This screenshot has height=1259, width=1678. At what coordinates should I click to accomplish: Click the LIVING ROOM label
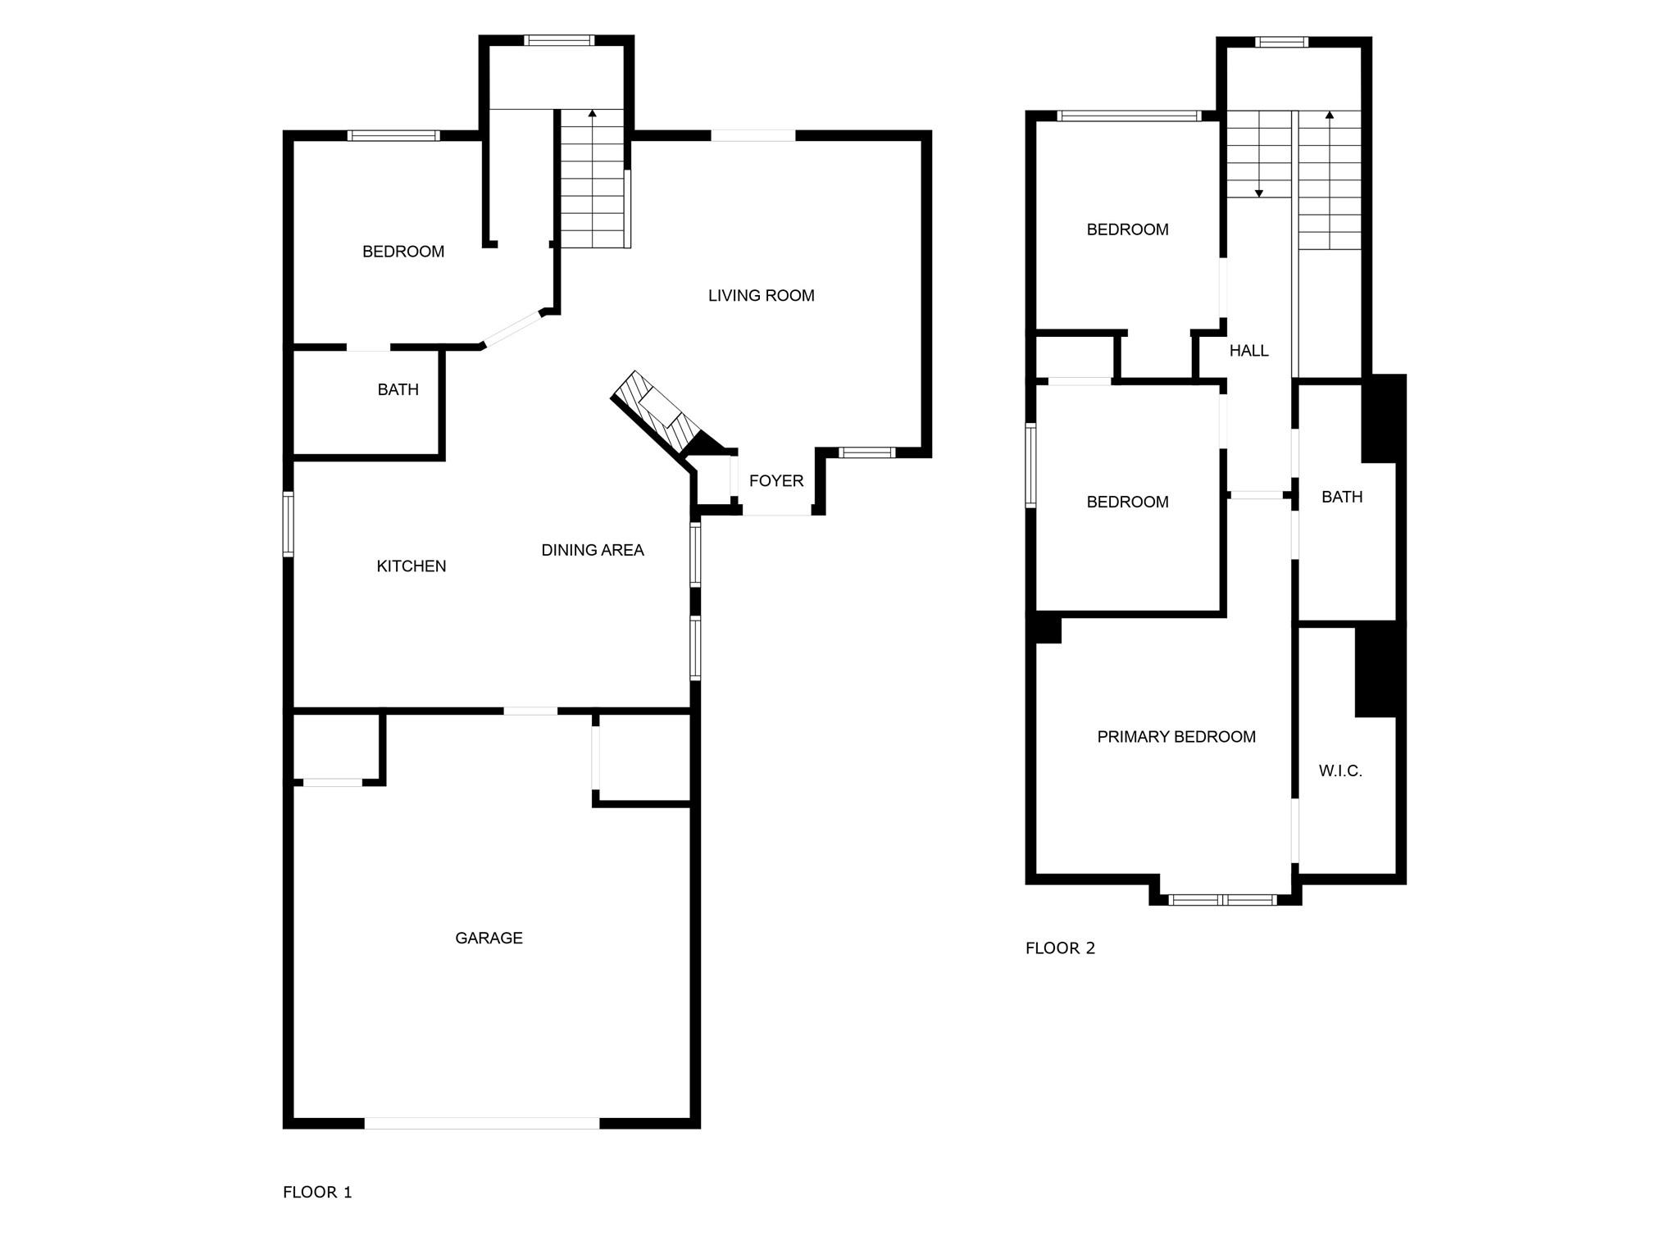click(761, 296)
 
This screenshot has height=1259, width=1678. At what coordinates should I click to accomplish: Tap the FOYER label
click(775, 481)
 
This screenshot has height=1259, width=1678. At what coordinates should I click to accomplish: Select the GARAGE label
click(489, 938)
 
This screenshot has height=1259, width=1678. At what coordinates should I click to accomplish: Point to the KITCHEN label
click(411, 566)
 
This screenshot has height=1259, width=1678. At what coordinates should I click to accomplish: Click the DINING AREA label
click(592, 550)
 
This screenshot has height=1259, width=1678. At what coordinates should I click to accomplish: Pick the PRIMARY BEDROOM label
click(1176, 737)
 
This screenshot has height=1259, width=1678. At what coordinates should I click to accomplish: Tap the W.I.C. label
click(1339, 770)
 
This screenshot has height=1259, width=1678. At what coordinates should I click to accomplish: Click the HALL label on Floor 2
click(1248, 351)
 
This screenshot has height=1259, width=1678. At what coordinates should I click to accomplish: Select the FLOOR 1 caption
click(317, 1192)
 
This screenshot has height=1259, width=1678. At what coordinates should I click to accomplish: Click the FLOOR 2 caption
click(1060, 948)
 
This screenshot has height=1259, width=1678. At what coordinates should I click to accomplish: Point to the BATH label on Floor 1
click(398, 390)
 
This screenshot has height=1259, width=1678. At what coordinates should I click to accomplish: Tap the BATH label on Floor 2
click(1341, 497)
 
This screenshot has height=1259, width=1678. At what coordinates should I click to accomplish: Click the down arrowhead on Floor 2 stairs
click(1259, 193)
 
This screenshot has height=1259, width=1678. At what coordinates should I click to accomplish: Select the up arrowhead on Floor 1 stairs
click(592, 113)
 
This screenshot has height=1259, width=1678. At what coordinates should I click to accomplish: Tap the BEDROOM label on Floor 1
click(402, 252)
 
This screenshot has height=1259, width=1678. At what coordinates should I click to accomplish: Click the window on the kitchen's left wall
click(288, 524)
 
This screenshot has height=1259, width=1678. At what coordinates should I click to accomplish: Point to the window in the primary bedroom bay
click(1222, 900)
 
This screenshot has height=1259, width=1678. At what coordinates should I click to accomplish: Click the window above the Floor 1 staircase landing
click(559, 39)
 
